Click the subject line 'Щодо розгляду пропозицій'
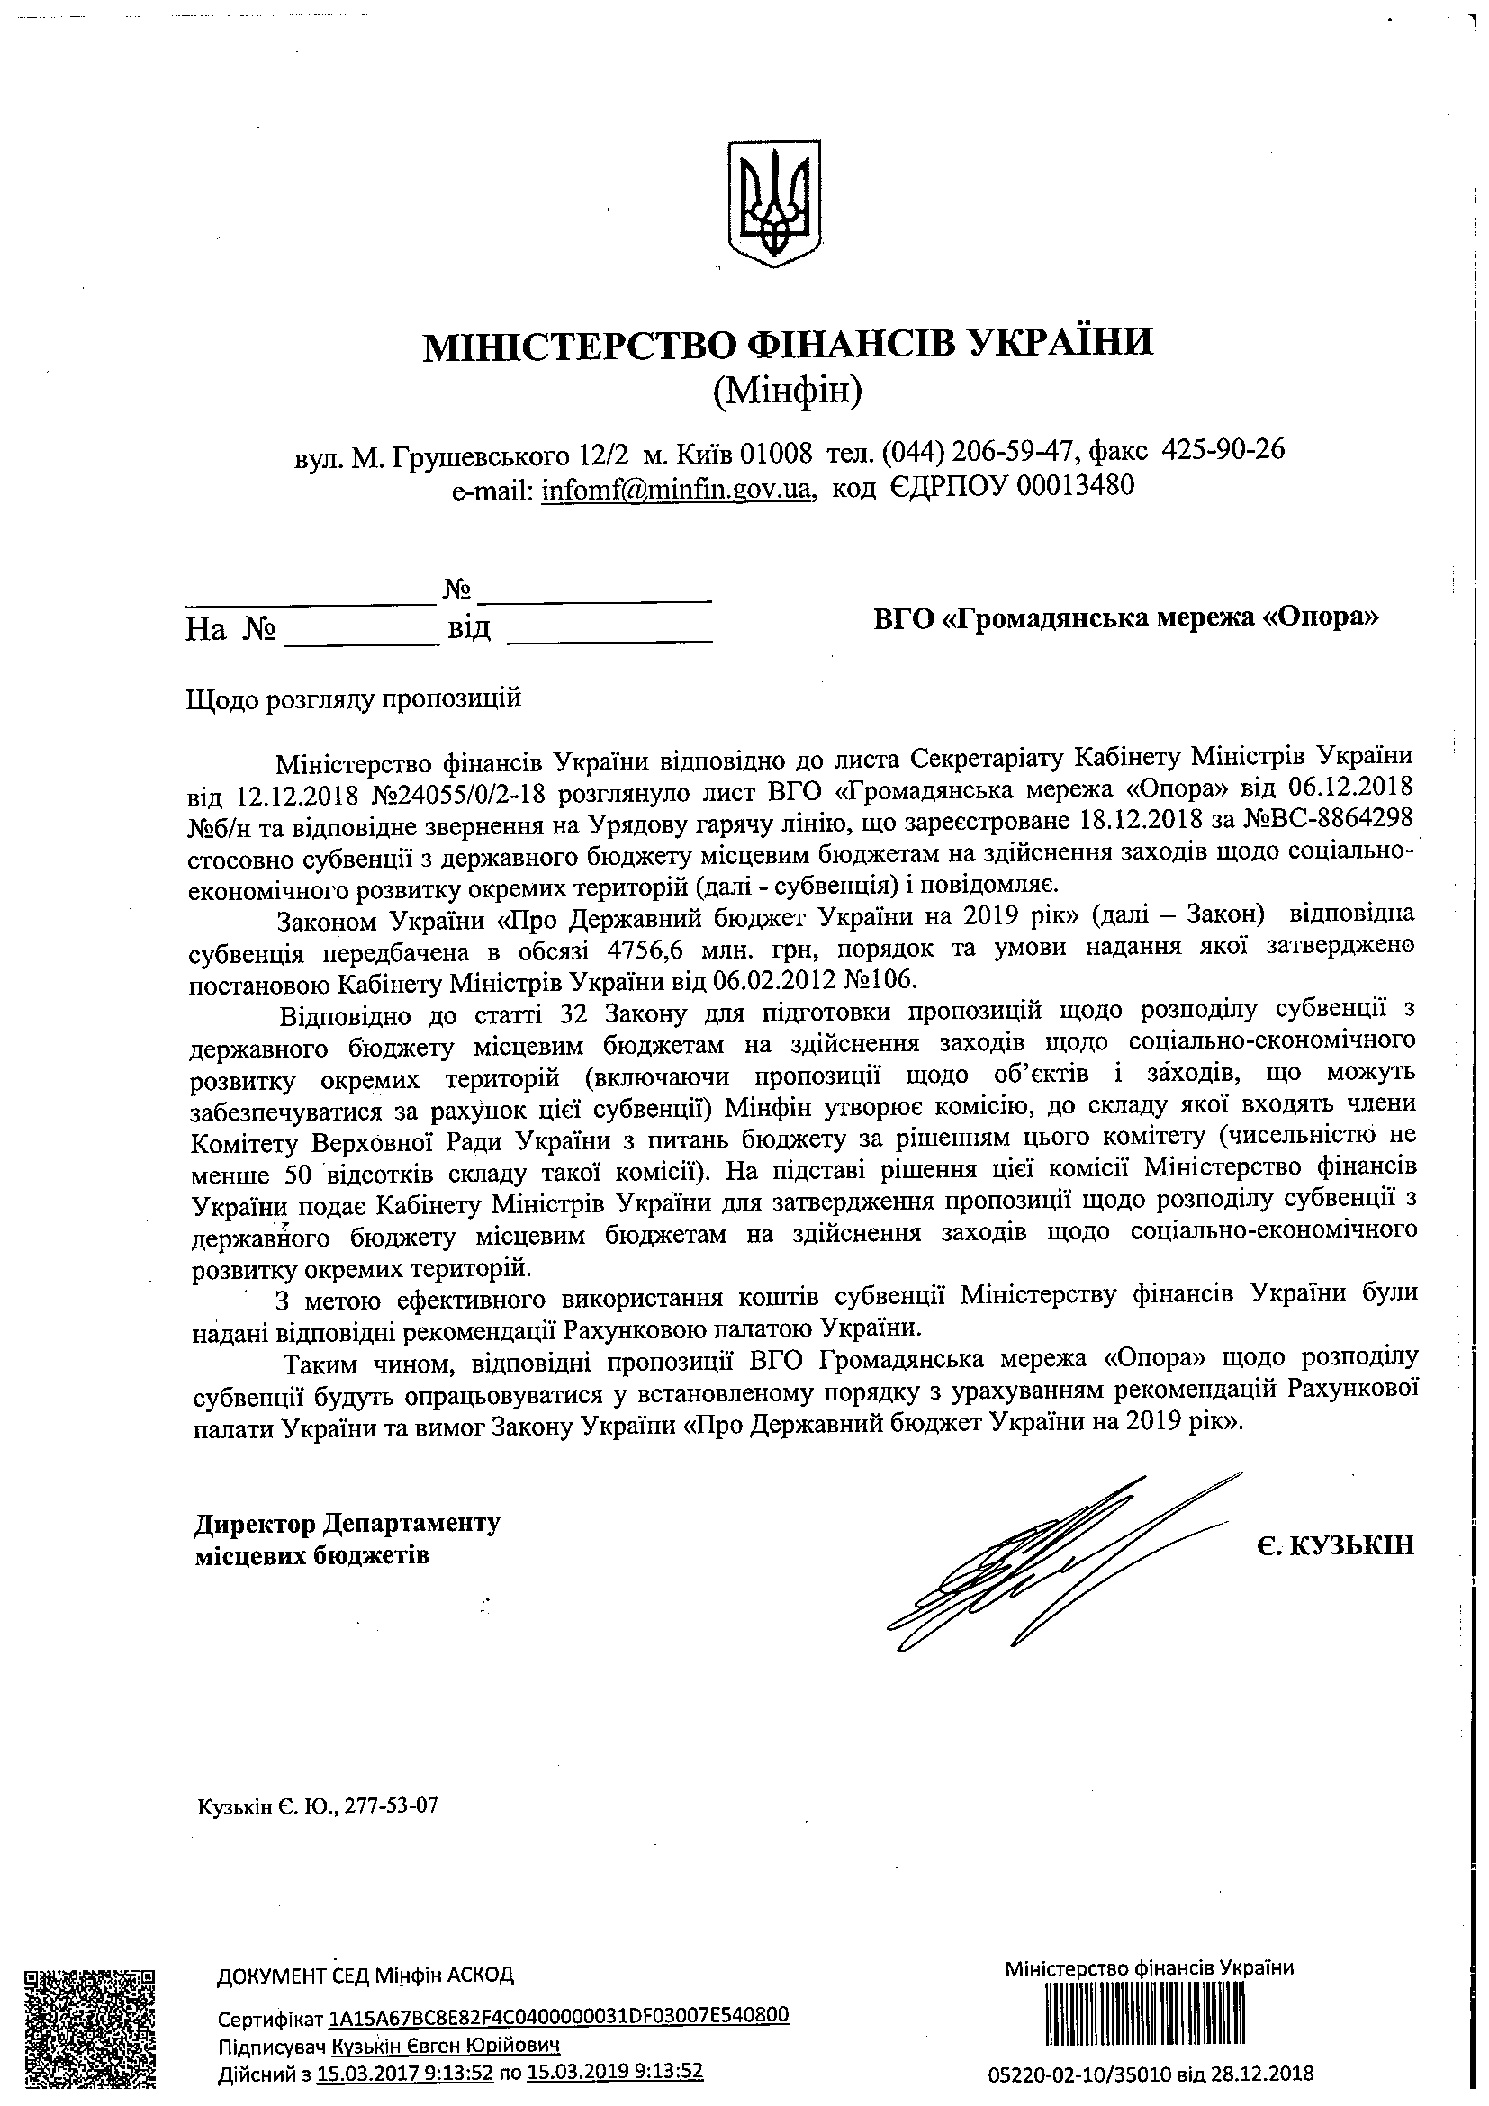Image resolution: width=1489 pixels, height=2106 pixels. pyautogui.click(x=354, y=699)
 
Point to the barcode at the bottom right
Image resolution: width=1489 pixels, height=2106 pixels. pyautogui.click(x=1150, y=2011)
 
